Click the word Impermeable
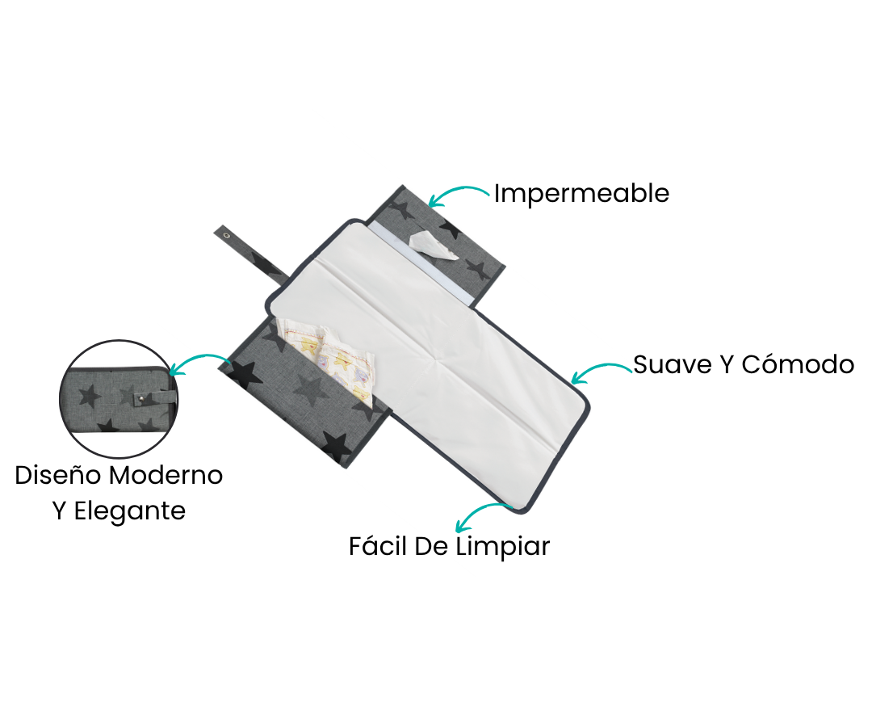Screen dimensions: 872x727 point(581,194)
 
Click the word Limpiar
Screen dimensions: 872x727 point(503,546)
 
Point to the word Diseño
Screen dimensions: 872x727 point(58,475)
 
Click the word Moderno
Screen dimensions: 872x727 point(166,476)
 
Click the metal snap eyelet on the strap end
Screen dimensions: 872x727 point(227,236)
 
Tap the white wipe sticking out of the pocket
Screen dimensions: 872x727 point(434,246)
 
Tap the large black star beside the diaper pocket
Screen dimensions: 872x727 point(245,372)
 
